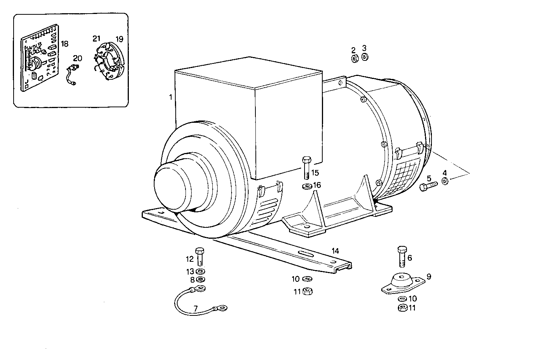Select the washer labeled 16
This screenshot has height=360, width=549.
[306, 186]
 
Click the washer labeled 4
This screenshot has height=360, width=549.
[445, 182]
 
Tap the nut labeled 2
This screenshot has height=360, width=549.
[354, 59]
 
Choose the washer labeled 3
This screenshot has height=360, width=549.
[365, 57]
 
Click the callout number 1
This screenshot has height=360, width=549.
[170, 97]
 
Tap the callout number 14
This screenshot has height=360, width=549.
[336, 251]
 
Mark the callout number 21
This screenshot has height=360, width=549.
[96, 39]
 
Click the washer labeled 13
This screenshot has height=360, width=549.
[200, 271]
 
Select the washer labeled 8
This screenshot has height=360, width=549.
[200, 280]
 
